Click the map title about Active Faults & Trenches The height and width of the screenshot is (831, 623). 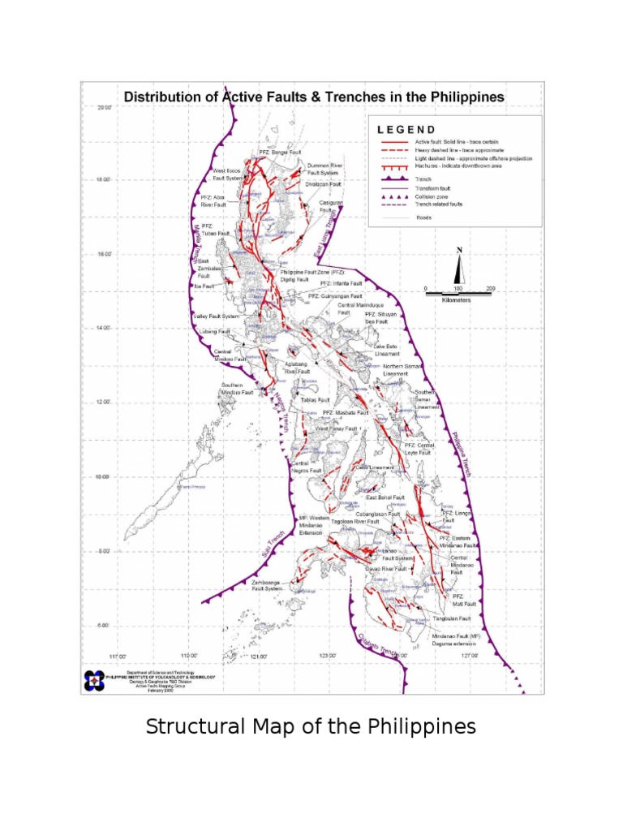click(313, 97)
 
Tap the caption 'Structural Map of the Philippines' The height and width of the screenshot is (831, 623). click(311, 726)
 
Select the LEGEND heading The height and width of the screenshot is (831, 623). click(407, 129)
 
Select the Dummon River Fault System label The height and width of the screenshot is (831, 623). click(324, 169)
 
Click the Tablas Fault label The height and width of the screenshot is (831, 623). click(315, 400)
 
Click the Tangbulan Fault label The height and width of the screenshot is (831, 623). click(452, 618)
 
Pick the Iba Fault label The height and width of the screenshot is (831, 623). click(204, 286)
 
